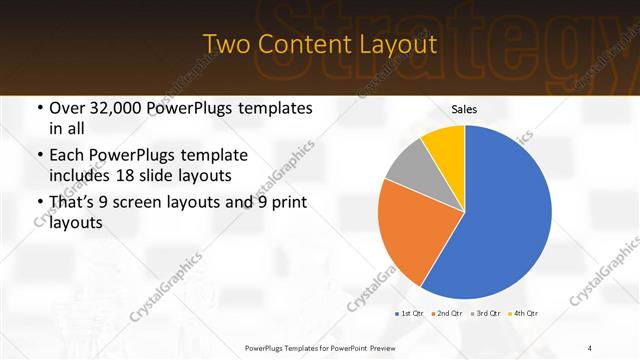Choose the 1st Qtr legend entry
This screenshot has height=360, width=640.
click(411, 314)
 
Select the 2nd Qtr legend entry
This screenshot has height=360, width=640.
click(447, 314)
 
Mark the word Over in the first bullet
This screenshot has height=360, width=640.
click(64, 108)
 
